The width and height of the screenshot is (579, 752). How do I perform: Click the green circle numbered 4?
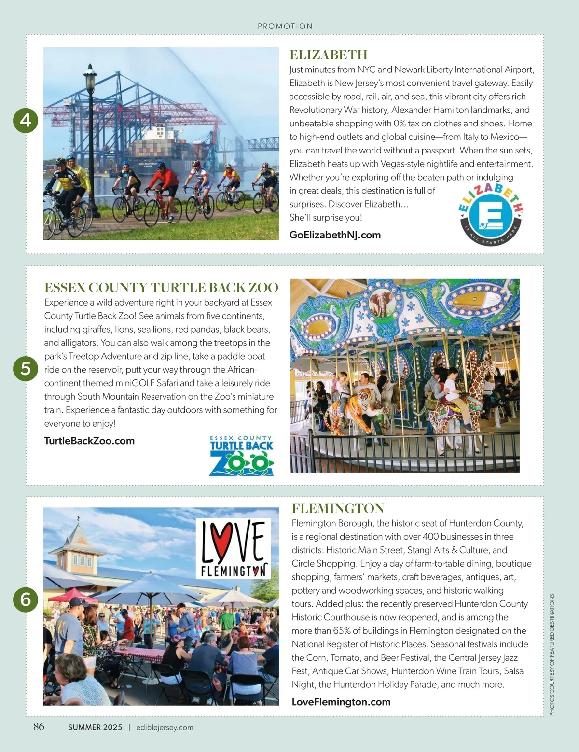click(x=26, y=120)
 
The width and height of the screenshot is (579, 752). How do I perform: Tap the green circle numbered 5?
click(x=26, y=369)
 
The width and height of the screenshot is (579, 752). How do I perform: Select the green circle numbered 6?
click(x=26, y=599)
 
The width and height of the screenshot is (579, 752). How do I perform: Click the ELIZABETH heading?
click(x=328, y=55)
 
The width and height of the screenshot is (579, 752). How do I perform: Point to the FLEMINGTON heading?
click(x=338, y=508)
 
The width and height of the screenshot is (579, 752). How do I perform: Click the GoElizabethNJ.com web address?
click(x=335, y=235)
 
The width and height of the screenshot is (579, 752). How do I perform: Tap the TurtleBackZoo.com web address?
click(x=89, y=441)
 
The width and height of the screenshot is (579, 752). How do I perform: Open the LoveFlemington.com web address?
click(x=341, y=702)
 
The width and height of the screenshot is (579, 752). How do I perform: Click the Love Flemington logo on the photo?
click(x=233, y=549)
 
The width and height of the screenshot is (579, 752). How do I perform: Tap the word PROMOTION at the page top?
click(x=285, y=26)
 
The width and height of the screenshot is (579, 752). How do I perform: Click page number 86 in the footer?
click(x=39, y=726)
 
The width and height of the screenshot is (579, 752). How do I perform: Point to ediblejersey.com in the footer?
click(x=165, y=727)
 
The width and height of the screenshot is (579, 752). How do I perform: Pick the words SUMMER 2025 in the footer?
click(x=95, y=727)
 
